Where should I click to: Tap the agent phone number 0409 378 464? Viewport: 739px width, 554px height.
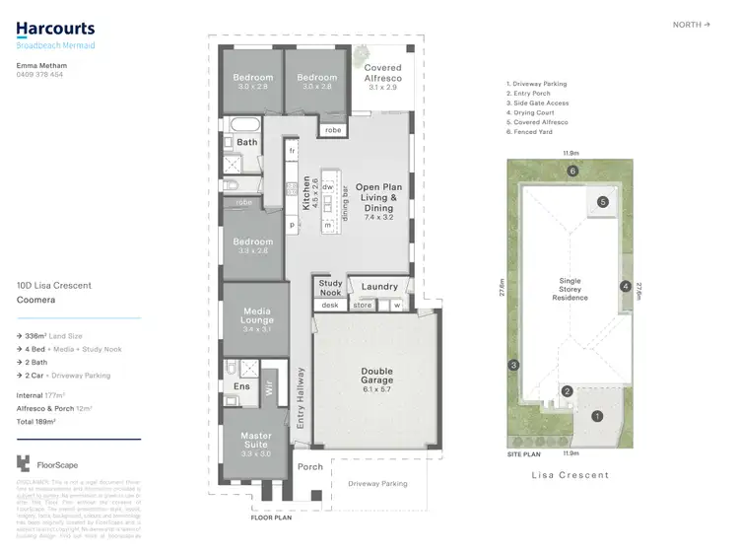40,74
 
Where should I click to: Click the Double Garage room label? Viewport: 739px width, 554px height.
376,377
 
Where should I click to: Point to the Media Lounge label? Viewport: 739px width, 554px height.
257,314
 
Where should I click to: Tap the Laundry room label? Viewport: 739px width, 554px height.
379,288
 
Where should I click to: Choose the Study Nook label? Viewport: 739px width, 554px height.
331,288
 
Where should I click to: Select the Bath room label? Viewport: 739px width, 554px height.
247,142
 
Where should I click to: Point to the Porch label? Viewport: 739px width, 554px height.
310,467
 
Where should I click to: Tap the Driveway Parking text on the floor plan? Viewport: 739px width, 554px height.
379,484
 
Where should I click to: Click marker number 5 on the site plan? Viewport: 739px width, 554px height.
602,202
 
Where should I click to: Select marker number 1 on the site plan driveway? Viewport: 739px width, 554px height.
596,416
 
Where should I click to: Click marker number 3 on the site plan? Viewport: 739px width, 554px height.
513,366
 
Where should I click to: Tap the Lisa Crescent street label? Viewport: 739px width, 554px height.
570,475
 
